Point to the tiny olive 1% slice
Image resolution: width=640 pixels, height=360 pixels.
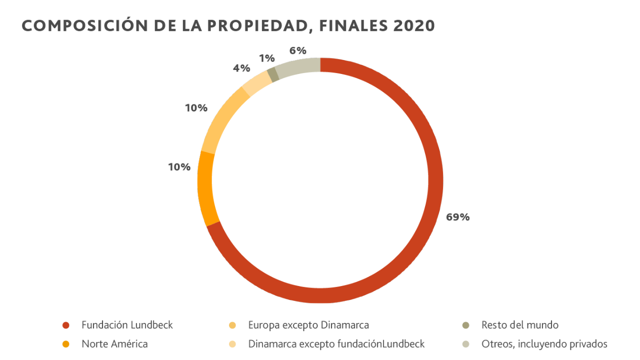273,74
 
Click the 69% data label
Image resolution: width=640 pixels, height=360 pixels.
457,217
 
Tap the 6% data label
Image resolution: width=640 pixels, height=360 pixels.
297,50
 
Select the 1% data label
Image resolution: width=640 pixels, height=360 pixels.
267,58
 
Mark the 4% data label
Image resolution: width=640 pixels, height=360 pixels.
241,68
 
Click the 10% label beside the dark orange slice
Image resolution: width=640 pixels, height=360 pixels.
179,167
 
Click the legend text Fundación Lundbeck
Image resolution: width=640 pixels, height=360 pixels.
127,325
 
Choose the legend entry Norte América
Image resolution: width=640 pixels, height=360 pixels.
114,344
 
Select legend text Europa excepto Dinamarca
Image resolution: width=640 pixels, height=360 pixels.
308,325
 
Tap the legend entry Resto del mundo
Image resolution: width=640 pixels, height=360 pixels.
519,325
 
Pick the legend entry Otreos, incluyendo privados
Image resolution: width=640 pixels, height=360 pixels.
544,344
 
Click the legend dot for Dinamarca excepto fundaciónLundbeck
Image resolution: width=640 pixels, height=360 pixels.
232,344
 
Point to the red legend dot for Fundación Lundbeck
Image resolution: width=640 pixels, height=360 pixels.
65,325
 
